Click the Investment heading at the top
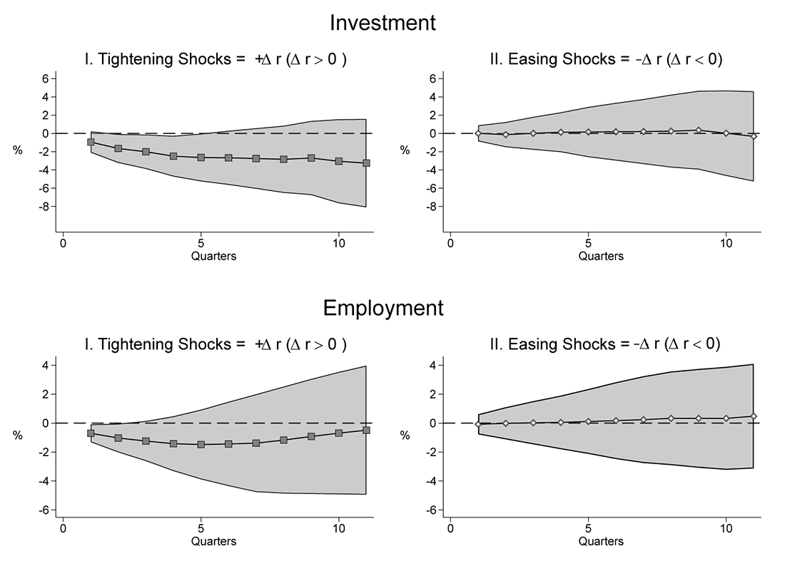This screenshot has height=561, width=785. (382, 23)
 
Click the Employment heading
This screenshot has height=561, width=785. (383, 308)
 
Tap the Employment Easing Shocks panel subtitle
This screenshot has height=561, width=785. (605, 344)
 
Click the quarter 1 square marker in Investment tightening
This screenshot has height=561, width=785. (91, 142)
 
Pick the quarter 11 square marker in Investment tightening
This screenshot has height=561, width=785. (366, 163)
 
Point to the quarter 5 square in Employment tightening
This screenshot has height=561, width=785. (201, 444)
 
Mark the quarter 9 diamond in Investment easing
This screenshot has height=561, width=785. (699, 130)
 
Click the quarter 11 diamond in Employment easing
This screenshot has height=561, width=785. (754, 416)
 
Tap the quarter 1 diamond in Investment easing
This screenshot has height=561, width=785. (478, 133)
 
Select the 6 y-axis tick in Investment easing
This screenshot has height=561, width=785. (431, 78)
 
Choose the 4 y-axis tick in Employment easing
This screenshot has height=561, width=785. (432, 365)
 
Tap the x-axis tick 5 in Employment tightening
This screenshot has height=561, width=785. (201, 530)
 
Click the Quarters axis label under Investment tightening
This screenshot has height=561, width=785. (214, 256)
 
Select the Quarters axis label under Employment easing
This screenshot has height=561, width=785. (601, 541)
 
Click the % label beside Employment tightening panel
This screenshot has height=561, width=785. (18, 436)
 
